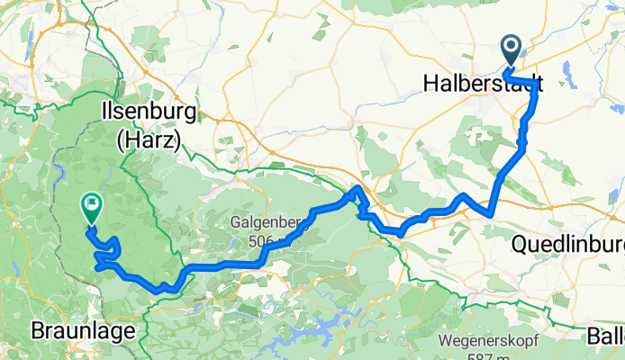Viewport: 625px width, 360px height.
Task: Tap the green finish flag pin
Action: (91, 208)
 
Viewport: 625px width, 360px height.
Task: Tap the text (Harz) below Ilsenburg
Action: (149, 139)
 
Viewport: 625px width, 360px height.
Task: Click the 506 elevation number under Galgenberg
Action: (263, 240)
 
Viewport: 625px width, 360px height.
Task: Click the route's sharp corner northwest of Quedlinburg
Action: (490, 215)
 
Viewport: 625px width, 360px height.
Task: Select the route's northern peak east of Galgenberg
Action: (357, 189)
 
